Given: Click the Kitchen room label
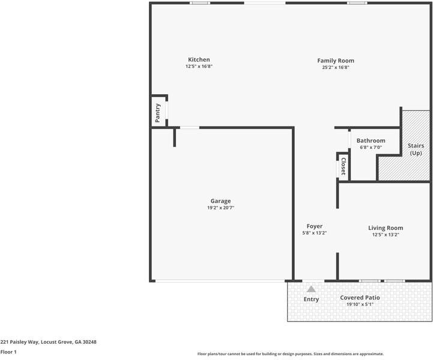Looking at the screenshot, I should pyautogui.click(x=199, y=59).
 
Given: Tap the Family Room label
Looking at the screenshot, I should pyautogui.click(x=336, y=60).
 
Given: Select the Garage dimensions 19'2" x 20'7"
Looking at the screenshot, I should pyautogui.click(x=220, y=208).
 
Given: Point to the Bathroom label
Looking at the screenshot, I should pyautogui.click(x=371, y=141).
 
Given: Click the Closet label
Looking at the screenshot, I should pyautogui.click(x=344, y=166).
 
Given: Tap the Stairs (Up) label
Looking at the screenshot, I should pyautogui.click(x=416, y=149).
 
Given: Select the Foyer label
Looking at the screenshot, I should pyautogui.click(x=315, y=226).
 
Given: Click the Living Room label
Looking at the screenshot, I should pyautogui.click(x=386, y=227).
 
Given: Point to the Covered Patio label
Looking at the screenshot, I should pyautogui.click(x=360, y=298).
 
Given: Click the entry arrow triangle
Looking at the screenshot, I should pyautogui.click(x=311, y=289).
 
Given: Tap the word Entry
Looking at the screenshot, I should pyautogui.click(x=311, y=299).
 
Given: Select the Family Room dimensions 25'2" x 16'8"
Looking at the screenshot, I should pyautogui.click(x=336, y=67).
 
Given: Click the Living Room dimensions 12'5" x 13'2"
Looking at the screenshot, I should pyautogui.click(x=386, y=235).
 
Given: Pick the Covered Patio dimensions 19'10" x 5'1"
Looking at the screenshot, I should pyautogui.click(x=360, y=305).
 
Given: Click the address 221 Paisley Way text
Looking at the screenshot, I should pyautogui.click(x=48, y=341).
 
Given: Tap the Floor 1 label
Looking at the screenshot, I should pyautogui.click(x=8, y=352).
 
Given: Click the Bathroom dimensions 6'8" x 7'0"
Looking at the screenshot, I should pyautogui.click(x=371, y=148).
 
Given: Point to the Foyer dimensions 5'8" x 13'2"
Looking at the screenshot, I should pyautogui.click(x=315, y=233).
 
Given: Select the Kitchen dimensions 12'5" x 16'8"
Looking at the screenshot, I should pyautogui.click(x=199, y=67).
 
